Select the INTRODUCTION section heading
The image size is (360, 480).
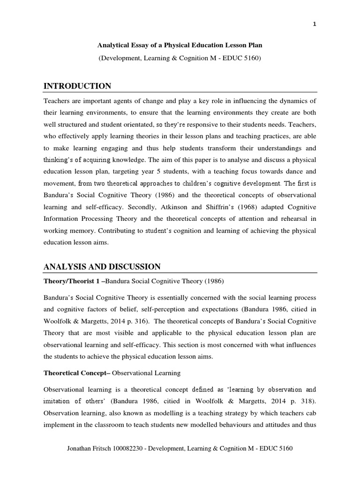77,86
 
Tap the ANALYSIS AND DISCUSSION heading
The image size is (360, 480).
102,267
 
